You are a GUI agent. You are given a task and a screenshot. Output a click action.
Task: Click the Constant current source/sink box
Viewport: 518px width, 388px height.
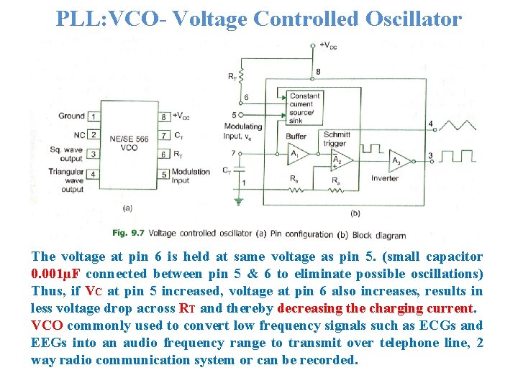pos(304,106)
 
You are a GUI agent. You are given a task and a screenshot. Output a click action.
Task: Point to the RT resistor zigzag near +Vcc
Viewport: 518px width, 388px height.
pos(242,75)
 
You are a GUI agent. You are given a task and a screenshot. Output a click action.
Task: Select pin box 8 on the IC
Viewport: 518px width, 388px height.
pos(164,116)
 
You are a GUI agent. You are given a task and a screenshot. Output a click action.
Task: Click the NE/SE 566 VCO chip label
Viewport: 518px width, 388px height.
pos(128,143)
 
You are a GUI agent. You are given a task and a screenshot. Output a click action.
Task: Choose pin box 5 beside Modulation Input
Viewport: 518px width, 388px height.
pos(164,174)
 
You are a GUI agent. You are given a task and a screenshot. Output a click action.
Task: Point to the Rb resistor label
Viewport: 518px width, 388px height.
pos(294,178)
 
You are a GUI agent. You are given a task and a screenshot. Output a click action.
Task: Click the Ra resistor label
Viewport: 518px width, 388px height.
pos(336,178)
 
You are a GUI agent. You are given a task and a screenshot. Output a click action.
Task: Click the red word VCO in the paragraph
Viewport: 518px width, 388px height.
pos(47,325)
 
